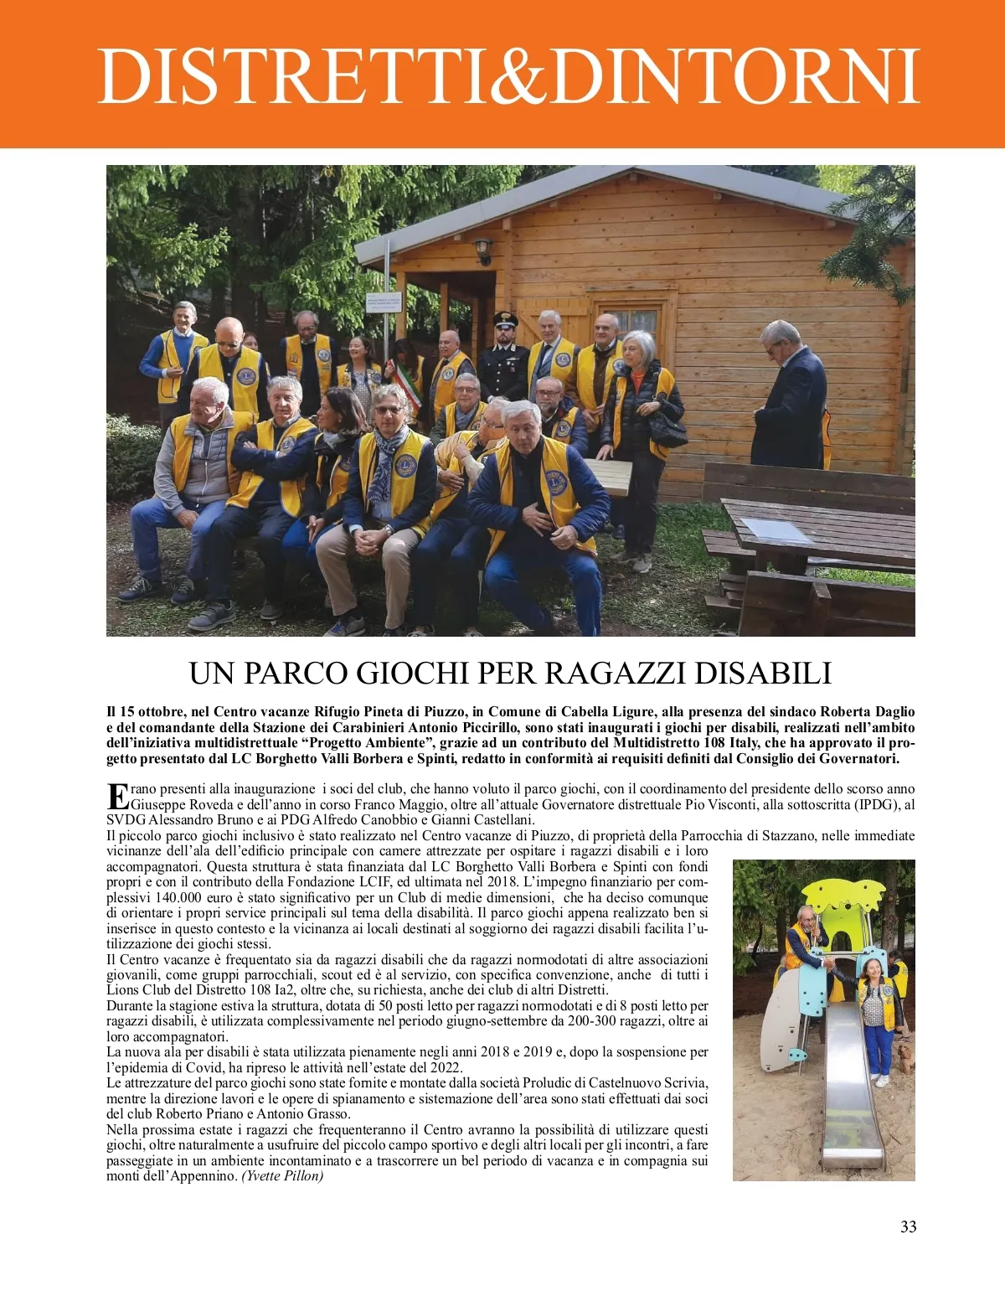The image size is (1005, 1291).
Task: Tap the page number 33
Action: point(908,1226)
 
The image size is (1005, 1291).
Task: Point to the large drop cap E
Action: point(117,797)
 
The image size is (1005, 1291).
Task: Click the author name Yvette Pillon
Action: point(282,1176)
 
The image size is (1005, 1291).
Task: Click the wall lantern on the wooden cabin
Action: point(482,250)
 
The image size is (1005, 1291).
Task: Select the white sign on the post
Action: point(384,302)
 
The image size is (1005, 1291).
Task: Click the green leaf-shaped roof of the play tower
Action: point(840,896)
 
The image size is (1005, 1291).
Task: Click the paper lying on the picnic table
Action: point(776,528)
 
